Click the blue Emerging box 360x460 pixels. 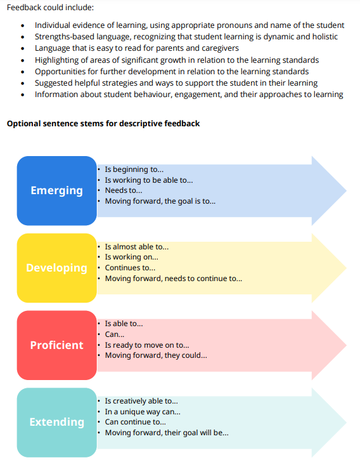(x=57, y=191)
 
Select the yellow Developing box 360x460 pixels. (x=57, y=268)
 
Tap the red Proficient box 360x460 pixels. (x=57, y=345)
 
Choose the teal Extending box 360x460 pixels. (x=57, y=423)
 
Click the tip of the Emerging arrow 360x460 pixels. (x=347, y=191)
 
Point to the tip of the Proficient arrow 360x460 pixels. (x=347, y=345)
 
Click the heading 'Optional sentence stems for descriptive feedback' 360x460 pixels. (x=103, y=124)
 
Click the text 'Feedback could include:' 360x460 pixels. (x=50, y=8)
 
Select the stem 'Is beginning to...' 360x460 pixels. (x=134, y=169)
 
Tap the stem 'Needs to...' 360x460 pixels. (x=124, y=190)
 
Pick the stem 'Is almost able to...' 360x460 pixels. (x=137, y=247)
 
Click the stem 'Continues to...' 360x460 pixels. (x=130, y=268)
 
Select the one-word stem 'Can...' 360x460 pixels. (x=115, y=334)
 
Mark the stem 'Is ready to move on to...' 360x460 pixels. (x=147, y=345)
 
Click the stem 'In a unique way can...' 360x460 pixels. (x=143, y=412)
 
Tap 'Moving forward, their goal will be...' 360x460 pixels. (x=167, y=433)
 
